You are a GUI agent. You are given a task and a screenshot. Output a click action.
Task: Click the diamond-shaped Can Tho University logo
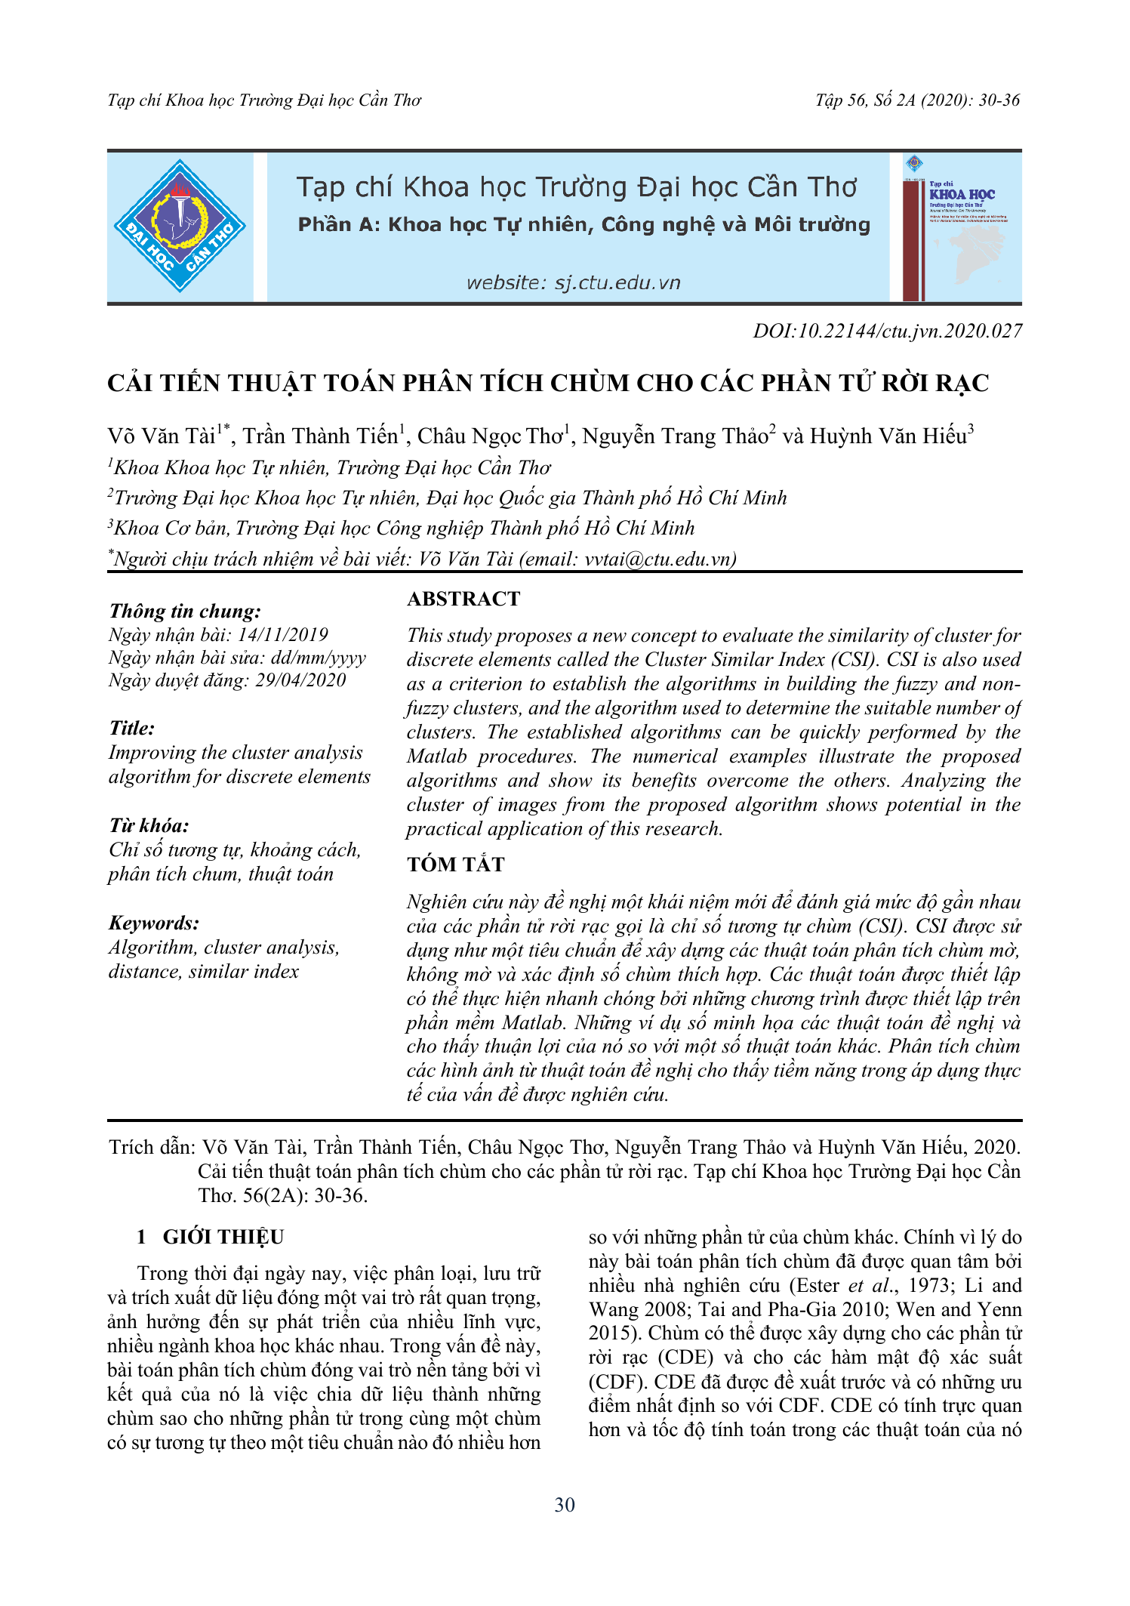pos(180,226)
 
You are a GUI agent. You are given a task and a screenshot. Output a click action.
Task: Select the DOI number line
pos(887,331)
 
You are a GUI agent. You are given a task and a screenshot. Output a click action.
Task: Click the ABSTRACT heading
pos(463,599)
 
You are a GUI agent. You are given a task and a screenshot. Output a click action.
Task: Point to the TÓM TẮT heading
pos(455,865)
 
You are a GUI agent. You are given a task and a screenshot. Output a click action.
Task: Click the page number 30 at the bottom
pos(565,1505)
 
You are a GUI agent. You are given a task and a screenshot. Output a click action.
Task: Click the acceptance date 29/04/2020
pos(300,680)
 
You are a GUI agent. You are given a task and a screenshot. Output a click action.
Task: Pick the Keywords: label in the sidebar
pos(154,923)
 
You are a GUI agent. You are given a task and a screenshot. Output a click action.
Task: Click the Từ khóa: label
pos(149,825)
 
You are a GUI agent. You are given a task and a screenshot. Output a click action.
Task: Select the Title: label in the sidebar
pos(132,728)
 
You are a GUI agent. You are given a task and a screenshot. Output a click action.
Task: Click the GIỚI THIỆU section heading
pos(223,1237)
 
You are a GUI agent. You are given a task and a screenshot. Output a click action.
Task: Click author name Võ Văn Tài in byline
pos(162,436)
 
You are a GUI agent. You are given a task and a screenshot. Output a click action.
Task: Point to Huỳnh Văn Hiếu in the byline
pos(888,436)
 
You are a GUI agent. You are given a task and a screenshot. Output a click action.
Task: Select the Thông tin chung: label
pos(185,611)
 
